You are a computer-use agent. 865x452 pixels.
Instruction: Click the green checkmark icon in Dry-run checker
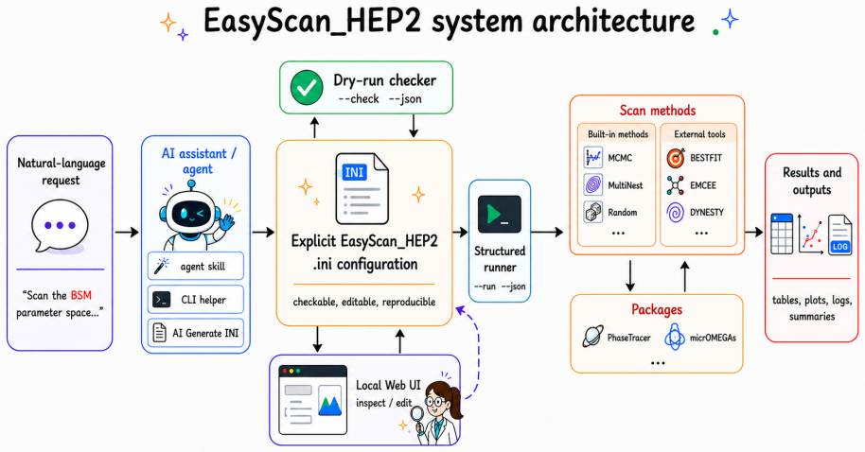tap(307, 88)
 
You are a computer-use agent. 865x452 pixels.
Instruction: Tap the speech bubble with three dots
tap(60, 226)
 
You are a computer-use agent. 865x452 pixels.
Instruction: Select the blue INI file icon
tap(362, 188)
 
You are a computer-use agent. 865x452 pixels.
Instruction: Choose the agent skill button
tap(196, 267)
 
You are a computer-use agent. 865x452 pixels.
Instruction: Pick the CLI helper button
tap(196, 300)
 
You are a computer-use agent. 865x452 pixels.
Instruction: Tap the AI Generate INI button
tap(196, 333)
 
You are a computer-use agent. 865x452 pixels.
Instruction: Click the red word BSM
tap(80, 295)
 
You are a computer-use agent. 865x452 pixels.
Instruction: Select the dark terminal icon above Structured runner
tap(500, 214)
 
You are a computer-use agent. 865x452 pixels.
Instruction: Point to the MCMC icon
tap(593, 158)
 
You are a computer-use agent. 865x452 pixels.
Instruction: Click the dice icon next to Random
tap(593, 212)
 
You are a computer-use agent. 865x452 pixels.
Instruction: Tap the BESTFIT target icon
tap(675, 158)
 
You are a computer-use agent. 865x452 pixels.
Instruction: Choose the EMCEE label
tap(703, 185)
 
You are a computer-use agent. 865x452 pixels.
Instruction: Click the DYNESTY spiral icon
tap(675, 212)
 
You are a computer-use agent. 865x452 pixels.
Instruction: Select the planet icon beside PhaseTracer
tap(593, 337)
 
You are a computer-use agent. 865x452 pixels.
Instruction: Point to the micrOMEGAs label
tap(713, 338)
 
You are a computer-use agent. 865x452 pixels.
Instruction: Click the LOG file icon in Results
tap(839, 235)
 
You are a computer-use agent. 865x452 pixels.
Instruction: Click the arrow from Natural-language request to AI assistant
tap(126, 232)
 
